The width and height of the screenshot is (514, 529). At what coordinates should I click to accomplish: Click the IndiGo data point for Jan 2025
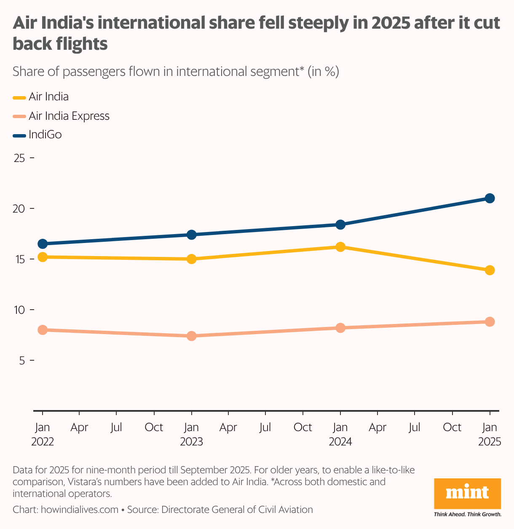pos(490,198)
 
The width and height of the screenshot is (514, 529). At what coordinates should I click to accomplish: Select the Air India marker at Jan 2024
pos(340,247)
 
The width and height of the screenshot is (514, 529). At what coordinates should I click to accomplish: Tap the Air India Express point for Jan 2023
pos(191,336)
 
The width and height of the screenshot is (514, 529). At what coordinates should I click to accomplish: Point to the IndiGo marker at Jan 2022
pos(43,244)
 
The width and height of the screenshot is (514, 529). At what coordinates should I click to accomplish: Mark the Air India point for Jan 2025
pos(490,270)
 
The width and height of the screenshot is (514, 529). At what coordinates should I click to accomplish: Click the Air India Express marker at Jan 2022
pos(43,330)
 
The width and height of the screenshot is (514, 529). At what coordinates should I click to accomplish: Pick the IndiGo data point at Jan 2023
pos(191,235)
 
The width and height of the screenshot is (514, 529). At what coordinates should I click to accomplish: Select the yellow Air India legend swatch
pos(19,97)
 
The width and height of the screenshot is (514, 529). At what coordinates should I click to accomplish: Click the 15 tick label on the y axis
pos(19,259)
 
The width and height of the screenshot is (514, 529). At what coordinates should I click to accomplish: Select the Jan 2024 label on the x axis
pos(340,435)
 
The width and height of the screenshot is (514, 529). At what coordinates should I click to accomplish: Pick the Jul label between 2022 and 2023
pos(116,427)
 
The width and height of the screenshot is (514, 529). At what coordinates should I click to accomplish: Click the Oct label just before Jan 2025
pos(452,427)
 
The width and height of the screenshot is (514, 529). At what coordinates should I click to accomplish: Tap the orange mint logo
pos(467,494)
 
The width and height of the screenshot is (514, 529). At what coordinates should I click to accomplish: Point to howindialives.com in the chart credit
pos(79,510)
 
